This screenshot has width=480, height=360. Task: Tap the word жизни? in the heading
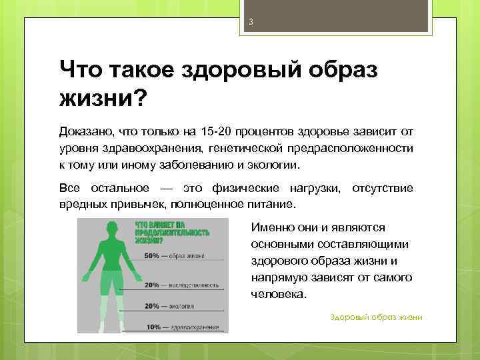(104, 99)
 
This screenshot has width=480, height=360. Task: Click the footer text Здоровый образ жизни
(376, 317)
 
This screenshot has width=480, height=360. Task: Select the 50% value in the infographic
(151, 255)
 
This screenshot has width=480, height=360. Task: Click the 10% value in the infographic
(154, 327)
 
